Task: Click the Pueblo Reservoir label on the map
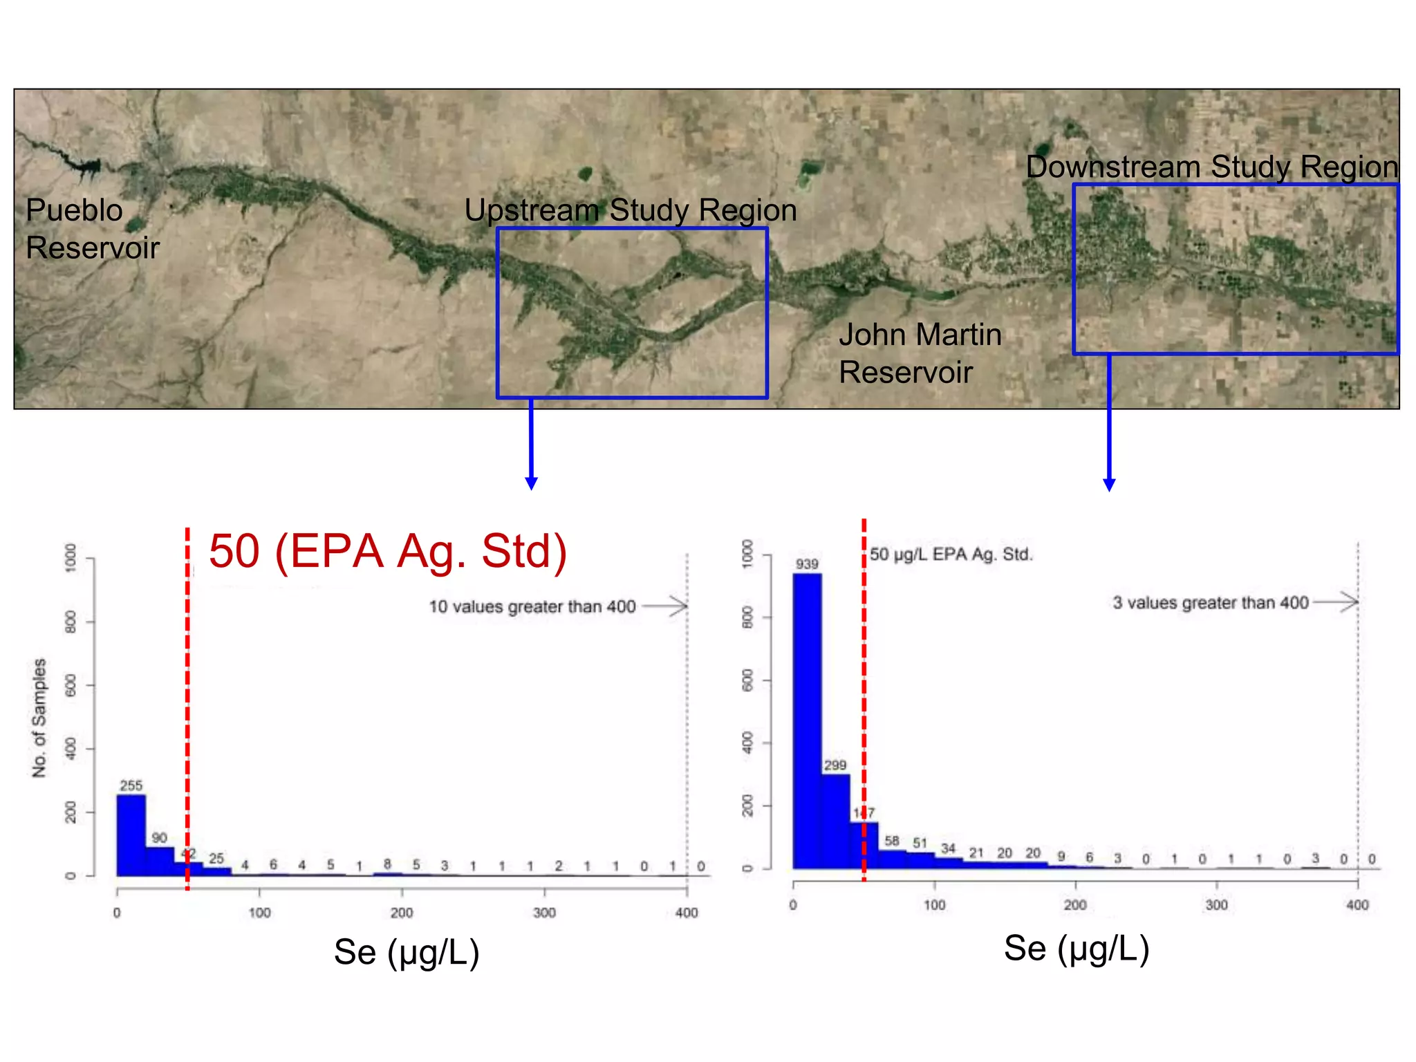(92, 229)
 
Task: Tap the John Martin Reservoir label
(920, 353)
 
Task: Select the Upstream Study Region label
(630, 210)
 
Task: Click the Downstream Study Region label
(1211, 167)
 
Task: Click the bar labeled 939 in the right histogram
(807, 719)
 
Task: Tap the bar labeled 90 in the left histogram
(159, 860)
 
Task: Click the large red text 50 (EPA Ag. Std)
(388, 551)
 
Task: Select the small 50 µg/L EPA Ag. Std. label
(951, 555)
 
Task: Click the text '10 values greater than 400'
(532, 606)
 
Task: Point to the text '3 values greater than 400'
(1210, 603)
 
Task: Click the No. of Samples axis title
(39, 717)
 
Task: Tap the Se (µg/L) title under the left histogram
(407, 951)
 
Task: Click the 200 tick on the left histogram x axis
(402, 913)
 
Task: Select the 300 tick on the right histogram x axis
(1216, 905)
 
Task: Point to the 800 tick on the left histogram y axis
(71, 622)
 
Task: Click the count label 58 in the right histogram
(892, 841)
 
